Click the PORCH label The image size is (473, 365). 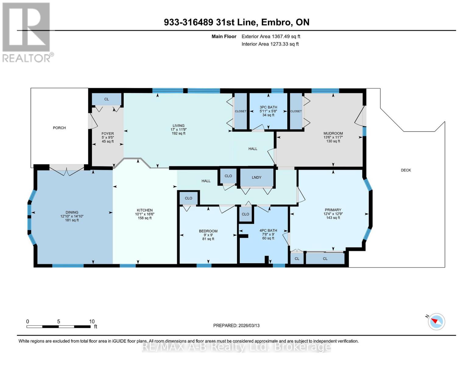pos(59,128)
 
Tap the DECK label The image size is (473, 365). pos(406,170)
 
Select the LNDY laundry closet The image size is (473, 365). pos(256,178)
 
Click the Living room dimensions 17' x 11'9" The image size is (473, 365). pos(178,130)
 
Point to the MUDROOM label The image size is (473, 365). pos(333,133)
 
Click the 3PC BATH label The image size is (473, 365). pos(268,107)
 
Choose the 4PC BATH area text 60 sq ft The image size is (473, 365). pos(268,238)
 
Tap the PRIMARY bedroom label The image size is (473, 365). pos(333,210)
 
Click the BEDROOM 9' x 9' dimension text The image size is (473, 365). pos(208,235)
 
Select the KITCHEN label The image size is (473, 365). pos(145,210)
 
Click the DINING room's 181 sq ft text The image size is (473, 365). pos(72,220)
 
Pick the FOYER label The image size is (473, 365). pos(108,134)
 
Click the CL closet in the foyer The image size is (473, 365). pos(107,99)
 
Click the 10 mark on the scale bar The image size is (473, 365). pos(92,322)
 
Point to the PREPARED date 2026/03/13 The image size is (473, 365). pos(236,325)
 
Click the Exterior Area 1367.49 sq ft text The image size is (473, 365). pos(271,36)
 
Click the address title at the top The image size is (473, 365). pos(236,22)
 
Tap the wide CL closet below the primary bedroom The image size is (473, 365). pos(325,259)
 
